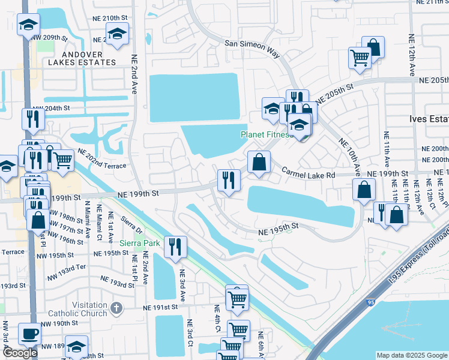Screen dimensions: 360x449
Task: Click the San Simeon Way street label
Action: pyautogui.click(x=252, y=48)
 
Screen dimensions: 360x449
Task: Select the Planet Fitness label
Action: pyautogui.click(x=267, y=134)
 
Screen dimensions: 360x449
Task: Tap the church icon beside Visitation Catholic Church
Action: pyautogui.click(x=116, y=308)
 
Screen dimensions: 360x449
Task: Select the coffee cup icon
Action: pyautogui.click(x=29, y=334)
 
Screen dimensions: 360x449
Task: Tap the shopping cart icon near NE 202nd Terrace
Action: pyautogui.click(x=62, y=160)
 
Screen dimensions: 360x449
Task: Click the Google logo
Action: pyautogui.click(x=20, y=353)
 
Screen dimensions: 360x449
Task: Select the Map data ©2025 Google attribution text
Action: pyautogui.click(x=412, y=355)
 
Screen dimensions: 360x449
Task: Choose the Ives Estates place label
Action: pyautogui.click(x=429, y=119)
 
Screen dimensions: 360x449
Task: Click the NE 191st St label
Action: pyautogui.click(x=161, y=307)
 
